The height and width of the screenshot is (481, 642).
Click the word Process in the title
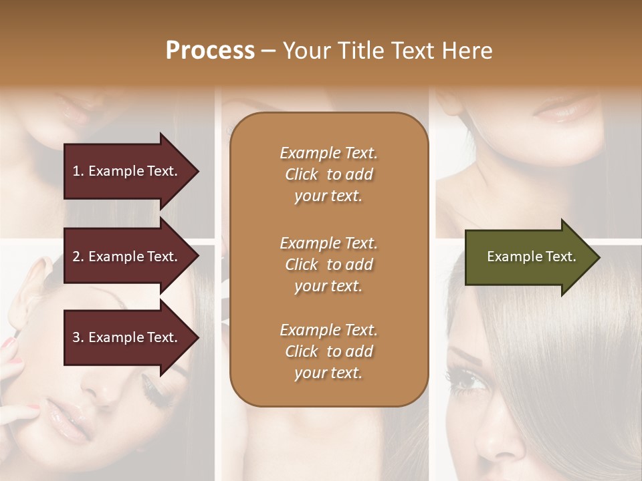(x=210, y=51)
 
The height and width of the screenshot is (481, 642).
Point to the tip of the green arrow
(x=598, y=257)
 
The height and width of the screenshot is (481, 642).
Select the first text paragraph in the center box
(x=328, y=174)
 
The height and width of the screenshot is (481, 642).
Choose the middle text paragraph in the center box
(x=328, y=265)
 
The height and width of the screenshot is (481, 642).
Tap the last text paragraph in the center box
(x=328, y=351)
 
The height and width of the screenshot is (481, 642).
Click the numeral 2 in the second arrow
(x=76, y=257)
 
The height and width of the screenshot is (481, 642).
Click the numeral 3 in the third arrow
(x=76, y=337)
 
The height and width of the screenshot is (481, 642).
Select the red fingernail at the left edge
(x=9, y=343)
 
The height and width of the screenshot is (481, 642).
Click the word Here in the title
(x=467, y=51)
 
